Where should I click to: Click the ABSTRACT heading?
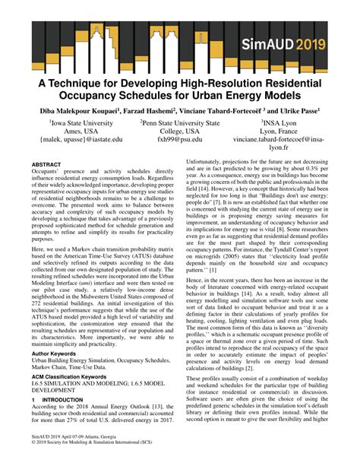coord(47,164)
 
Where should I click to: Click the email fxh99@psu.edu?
coord(178,141)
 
